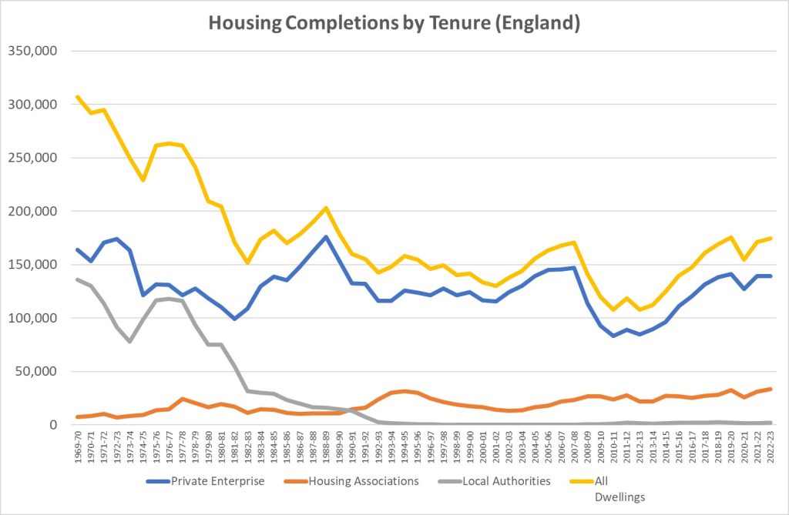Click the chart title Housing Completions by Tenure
pos(394,23)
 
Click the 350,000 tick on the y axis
pos(32,51)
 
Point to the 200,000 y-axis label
pos(32,211)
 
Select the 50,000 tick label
pos(35,371)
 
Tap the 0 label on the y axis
pos(53,425)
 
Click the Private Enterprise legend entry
pos(204,481)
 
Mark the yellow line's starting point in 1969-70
pos(78,97)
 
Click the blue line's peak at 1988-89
pos(326,237)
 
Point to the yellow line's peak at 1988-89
pos(326,208)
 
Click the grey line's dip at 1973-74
pos(130,341)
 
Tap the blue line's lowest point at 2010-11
pos(613,336)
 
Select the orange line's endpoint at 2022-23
pos(770,389)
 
